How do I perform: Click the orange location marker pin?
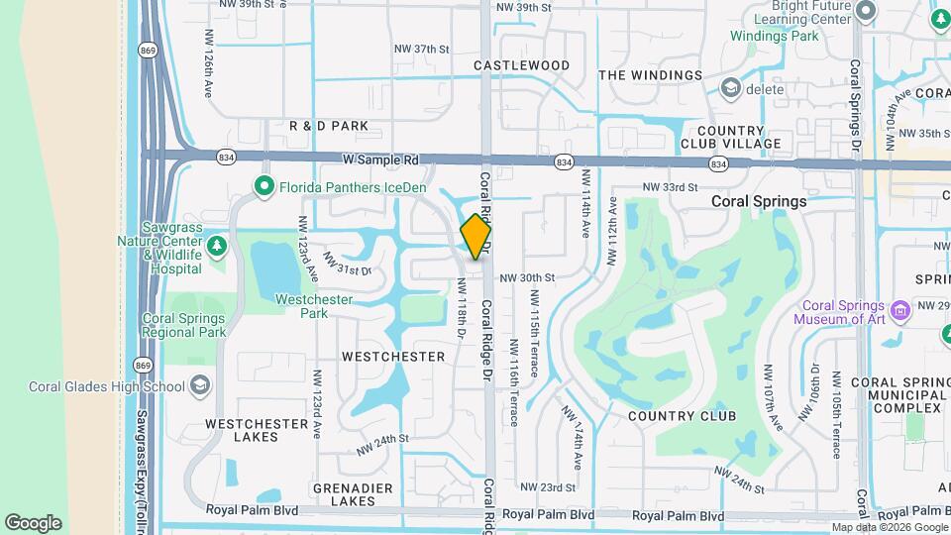[x=476, y=238]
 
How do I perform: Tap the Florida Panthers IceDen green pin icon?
[x=264, y=185]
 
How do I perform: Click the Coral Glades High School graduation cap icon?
[x=200, y=386]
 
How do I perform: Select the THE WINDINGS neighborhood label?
[x=650, y=75]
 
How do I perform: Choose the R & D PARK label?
[x=329, y=126]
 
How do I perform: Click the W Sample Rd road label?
[x=381, y=160]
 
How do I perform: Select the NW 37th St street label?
[x=422, y=49]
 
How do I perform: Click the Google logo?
[x=33, y=522]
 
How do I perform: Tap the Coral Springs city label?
[x=759, y=201]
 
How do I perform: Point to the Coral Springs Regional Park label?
[x=183, y=326]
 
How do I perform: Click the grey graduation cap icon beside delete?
[x=731, y=89]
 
